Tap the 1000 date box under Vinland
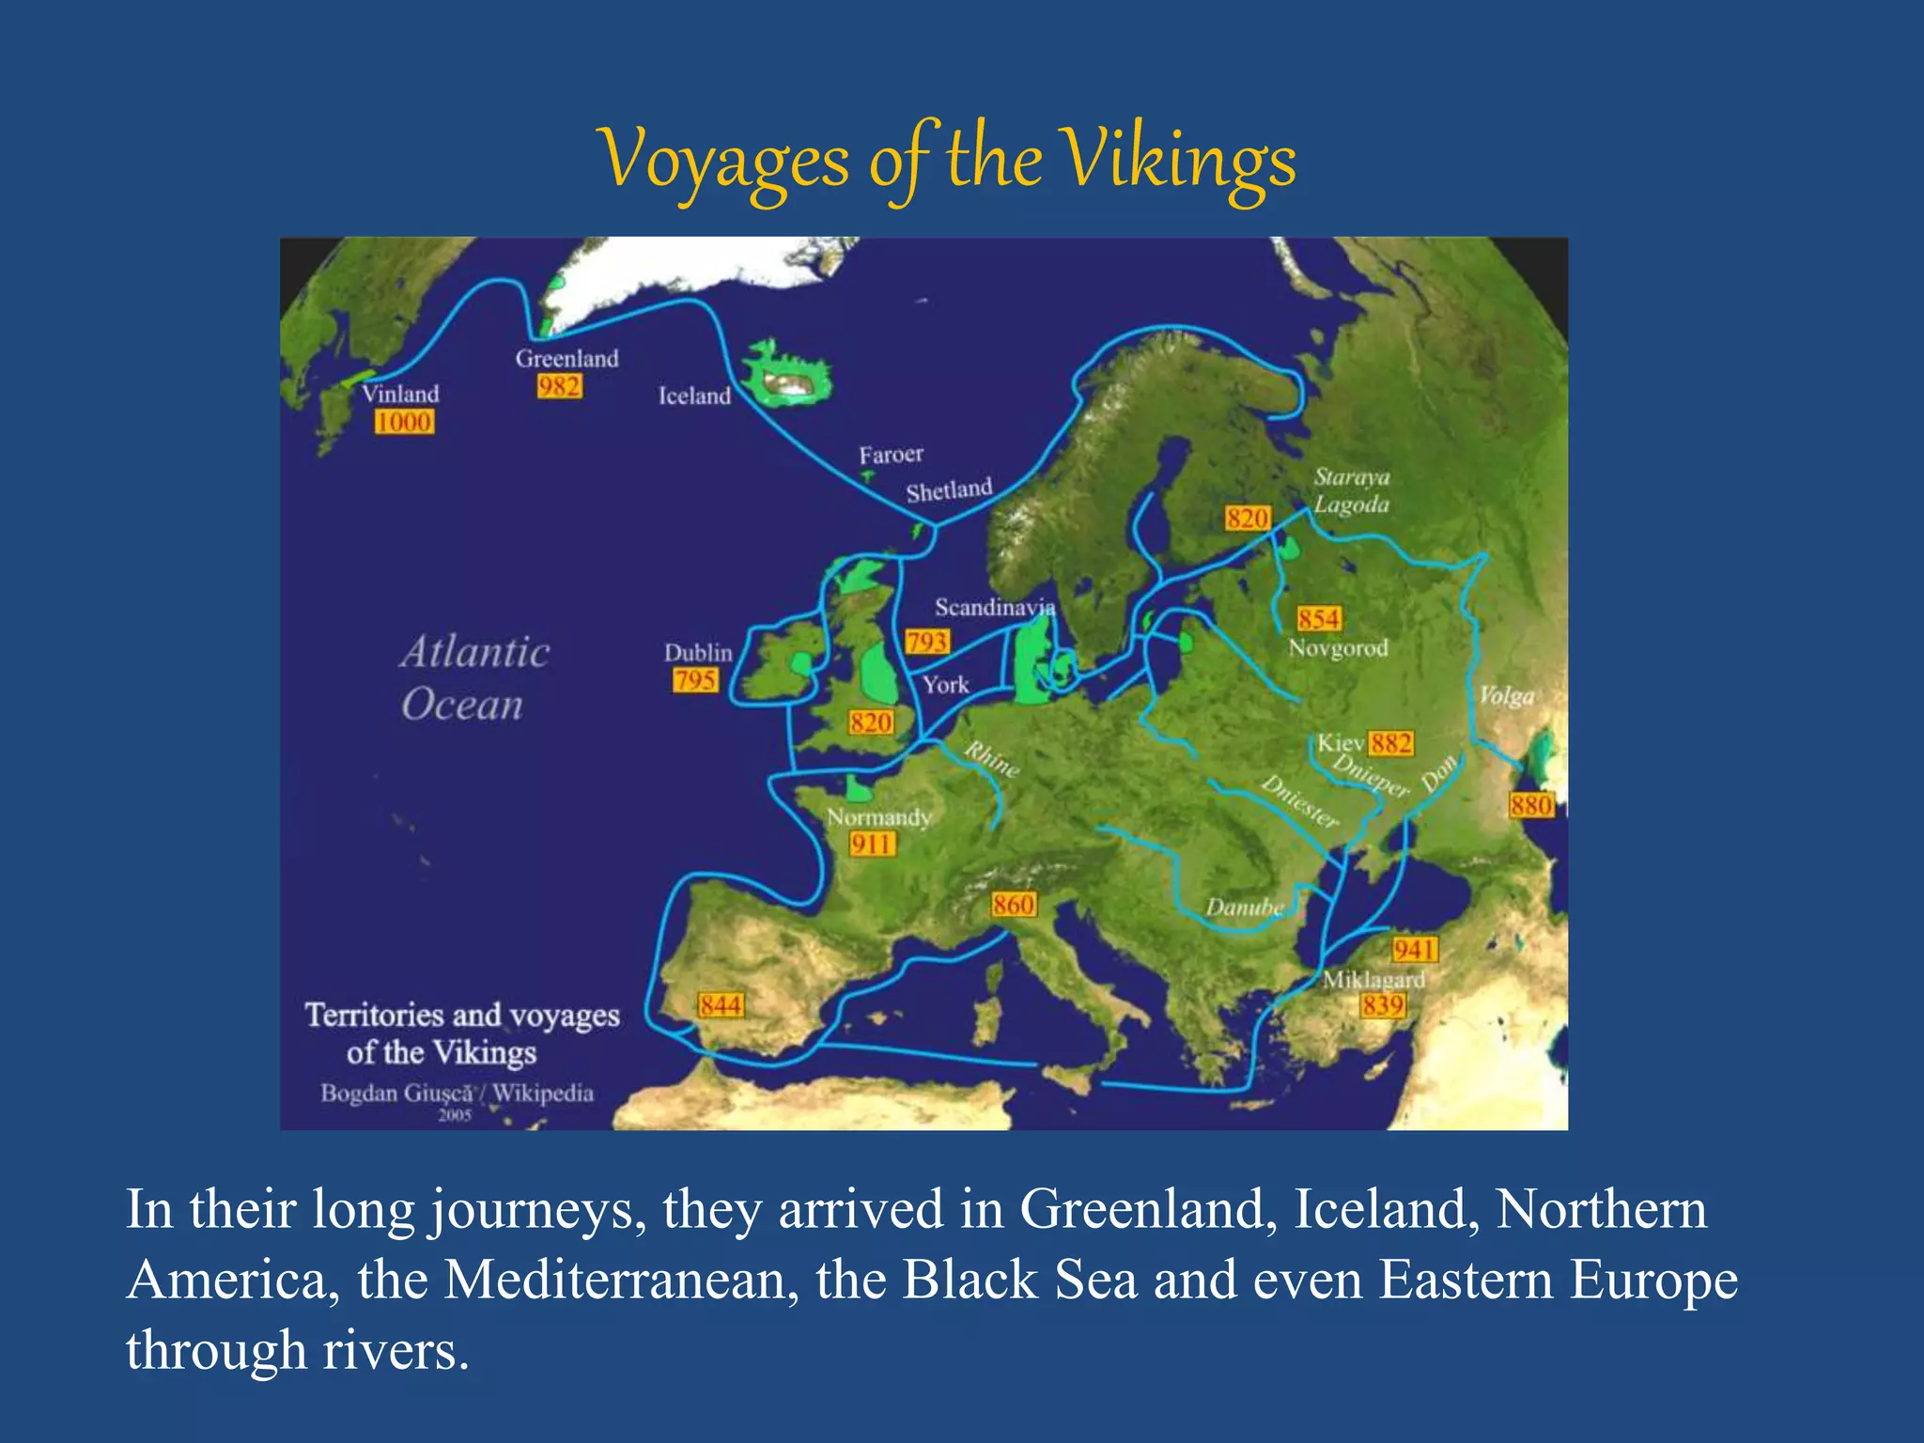click(404, 422)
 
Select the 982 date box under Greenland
click(559, 386)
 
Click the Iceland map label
click(694, 396)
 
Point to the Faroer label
click(891, 455)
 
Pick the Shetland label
click(949, 490)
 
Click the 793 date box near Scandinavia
click(927, 642)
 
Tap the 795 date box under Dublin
click(695, 679)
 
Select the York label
click(945, 685)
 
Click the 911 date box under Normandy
click(871, 845)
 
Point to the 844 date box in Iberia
click(721, 1005)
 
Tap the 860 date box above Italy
click(1014, 905)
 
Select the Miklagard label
click(1373, 980)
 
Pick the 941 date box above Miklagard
click(1414, 950)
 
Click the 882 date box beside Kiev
click(1390, 744)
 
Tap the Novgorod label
click(1338, 648)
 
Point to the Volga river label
click(1506, 696)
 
